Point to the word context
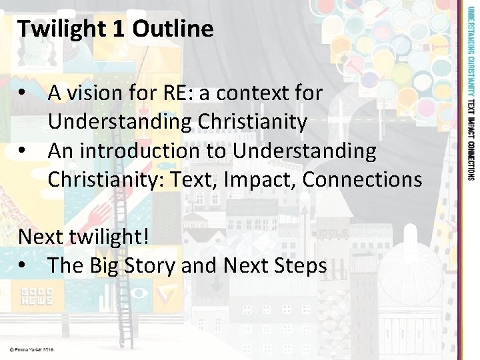click(x=249, y=93)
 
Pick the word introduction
click(x=145, y=151)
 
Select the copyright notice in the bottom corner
click(x=31, y=349)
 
